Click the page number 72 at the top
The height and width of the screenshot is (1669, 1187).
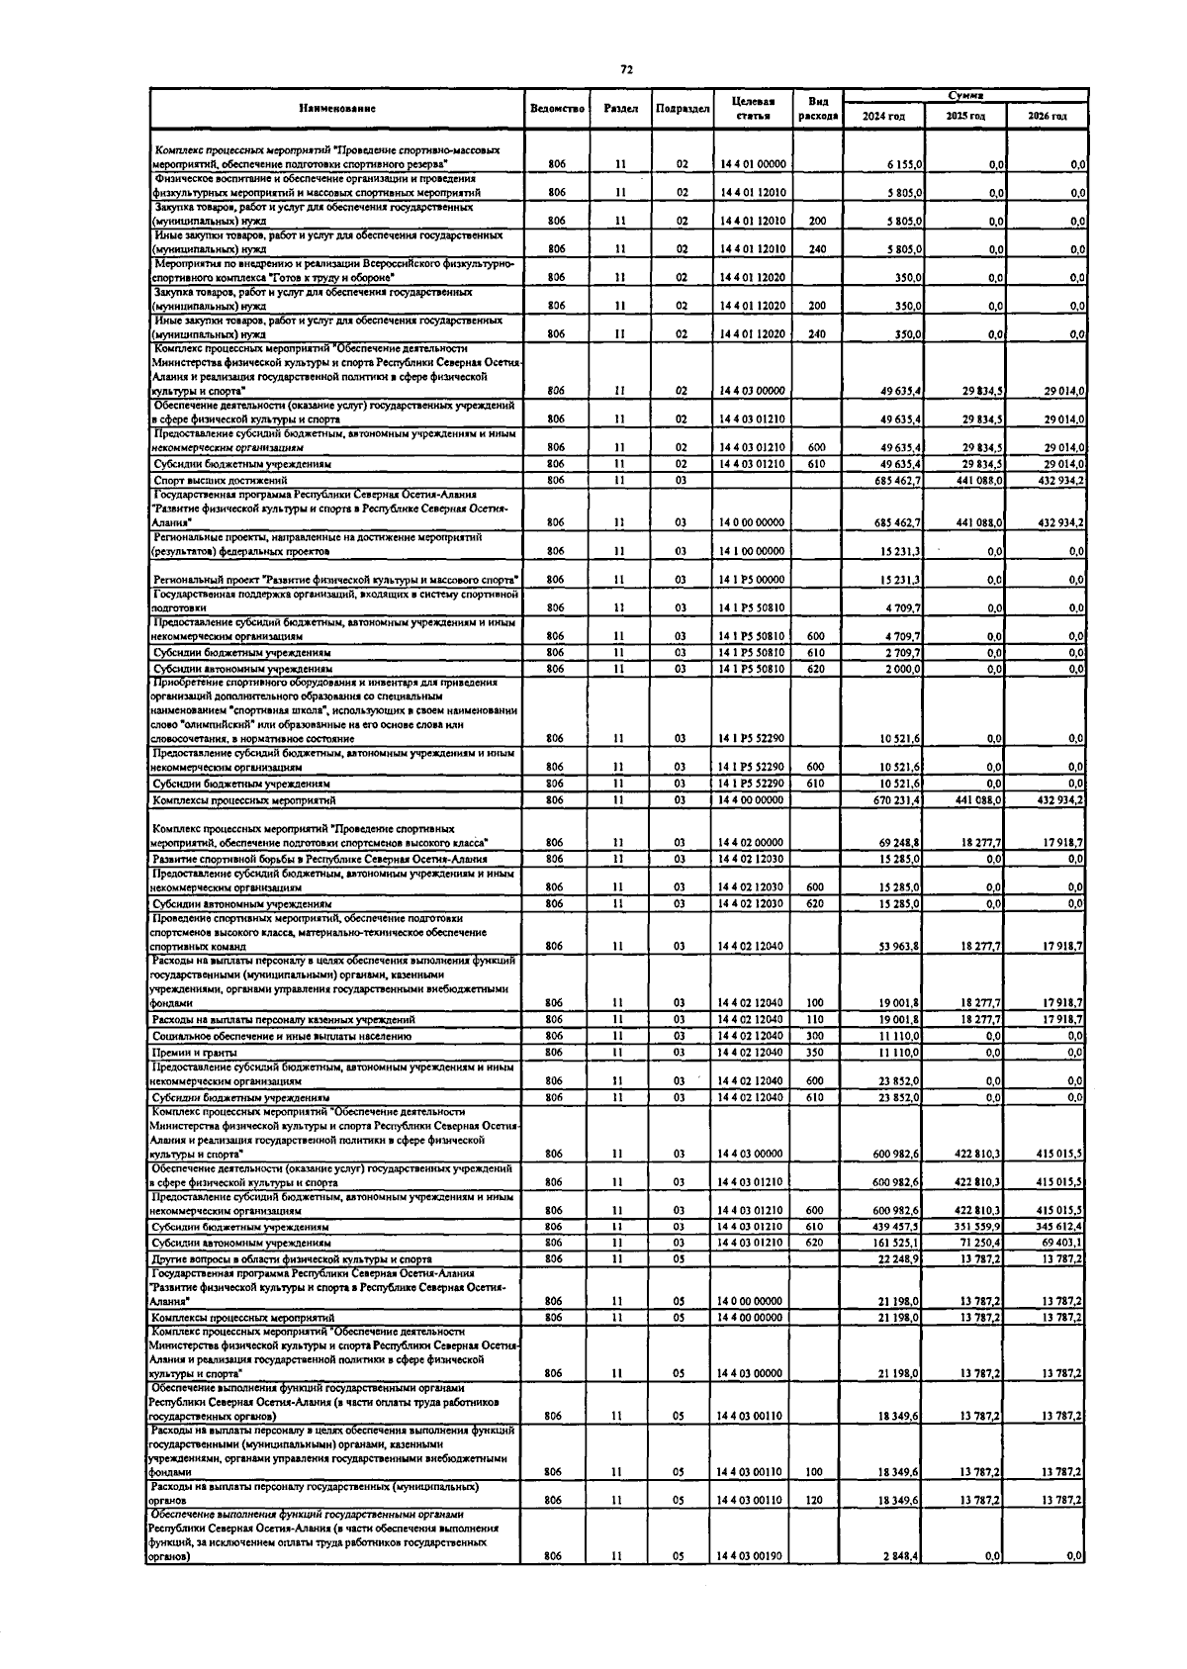pos(626,69)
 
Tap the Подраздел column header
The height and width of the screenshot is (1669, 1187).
pos(683,108)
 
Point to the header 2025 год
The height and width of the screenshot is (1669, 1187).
pos(964,116)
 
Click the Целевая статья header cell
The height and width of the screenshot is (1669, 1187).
pos(753,108)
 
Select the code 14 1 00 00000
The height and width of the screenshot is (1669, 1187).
pos(753,551)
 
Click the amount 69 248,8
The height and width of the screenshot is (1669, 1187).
pos(900,843)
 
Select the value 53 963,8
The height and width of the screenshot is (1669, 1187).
pos(900,947)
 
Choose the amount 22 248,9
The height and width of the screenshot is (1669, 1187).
pos(900,1259)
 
